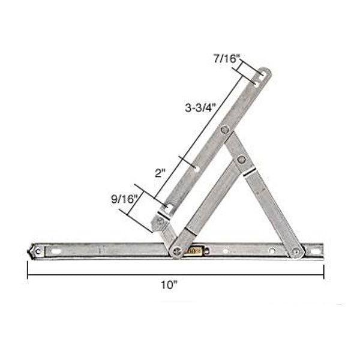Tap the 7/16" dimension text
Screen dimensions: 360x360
pos(227,59)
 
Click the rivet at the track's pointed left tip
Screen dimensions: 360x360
pos(37,250)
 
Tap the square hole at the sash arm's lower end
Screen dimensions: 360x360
pos(167,209)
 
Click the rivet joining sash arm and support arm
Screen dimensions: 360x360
pos(224,130)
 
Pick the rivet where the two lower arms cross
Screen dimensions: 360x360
pos(241,159)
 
